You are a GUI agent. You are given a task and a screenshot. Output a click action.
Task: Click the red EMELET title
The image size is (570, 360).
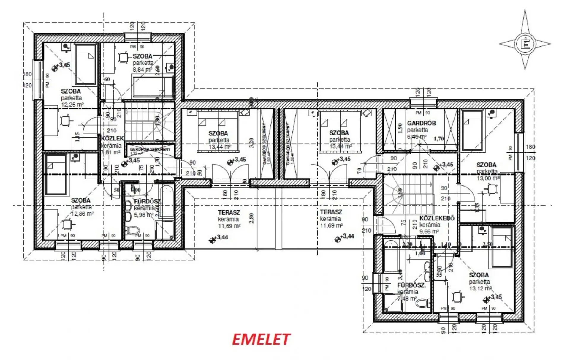[261, 340]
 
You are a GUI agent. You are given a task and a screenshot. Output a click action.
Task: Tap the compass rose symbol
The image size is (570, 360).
[525, 44]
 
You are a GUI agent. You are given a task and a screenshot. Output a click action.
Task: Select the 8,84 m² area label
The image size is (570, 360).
[142, 70]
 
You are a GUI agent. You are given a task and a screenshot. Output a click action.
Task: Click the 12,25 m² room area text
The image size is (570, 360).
[72, 105]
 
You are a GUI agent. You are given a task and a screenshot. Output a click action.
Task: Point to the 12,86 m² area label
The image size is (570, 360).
[82, 214]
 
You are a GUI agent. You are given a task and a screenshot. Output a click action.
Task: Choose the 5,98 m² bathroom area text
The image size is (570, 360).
[144, 215]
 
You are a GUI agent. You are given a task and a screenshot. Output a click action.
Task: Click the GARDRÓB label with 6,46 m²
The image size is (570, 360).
[421, 123]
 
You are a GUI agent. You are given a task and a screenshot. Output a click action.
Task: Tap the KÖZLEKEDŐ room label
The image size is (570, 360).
[437, 218]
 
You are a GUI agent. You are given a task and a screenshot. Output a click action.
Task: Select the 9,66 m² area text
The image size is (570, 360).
[429, 231]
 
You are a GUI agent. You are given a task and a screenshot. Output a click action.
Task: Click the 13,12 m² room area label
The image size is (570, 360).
[480, 288]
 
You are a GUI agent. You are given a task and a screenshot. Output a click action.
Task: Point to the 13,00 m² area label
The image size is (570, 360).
[488, 178]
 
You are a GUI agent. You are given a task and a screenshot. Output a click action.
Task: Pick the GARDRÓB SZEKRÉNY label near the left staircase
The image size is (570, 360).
[150, 149]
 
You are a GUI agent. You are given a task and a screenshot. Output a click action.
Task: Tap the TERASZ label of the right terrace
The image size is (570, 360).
[331, 212]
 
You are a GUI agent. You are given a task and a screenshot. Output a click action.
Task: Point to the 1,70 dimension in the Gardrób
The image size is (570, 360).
[439, 138]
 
